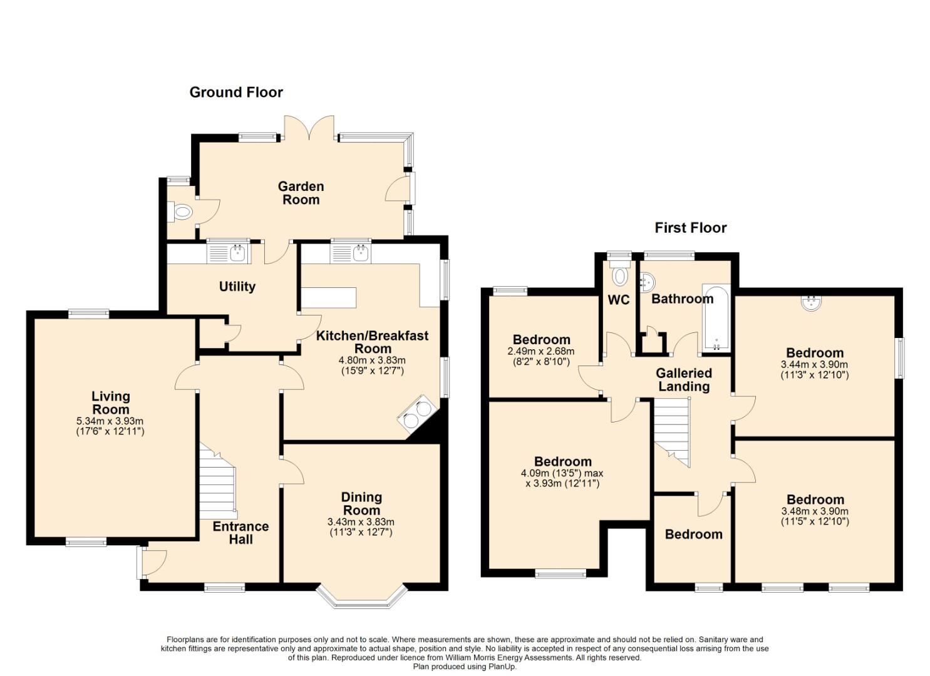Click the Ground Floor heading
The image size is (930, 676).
(x=236, y=93)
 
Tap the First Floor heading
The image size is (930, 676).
(x=690, y=228)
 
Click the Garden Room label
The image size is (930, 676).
(x=301, y=193)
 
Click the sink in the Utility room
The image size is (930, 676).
(x=229, y=252)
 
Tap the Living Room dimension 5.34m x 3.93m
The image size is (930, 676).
(x=110, y=421)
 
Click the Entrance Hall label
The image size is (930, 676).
(x=241, y=533)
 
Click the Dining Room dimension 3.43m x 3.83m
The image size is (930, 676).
(x=361, y=521)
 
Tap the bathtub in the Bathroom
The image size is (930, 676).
(x=716, y=318)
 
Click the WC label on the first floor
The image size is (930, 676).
(x=619, y=300)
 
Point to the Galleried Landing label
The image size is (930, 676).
(x=684, y=380)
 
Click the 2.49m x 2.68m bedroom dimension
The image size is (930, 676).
(x=541, y=351)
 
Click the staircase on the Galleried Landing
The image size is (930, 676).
(x=672, y=433)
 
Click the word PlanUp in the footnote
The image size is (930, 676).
(x=504, y=667)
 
